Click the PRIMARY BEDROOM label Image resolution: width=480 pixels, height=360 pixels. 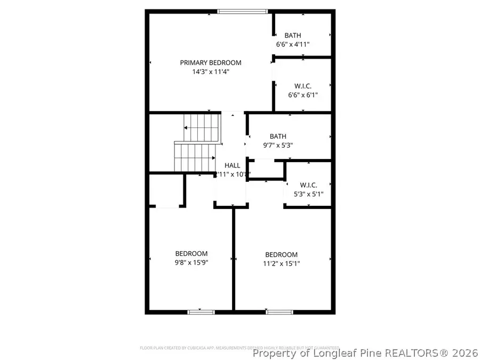coord(210,62)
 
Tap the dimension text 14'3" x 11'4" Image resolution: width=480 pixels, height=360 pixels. coord(210,72)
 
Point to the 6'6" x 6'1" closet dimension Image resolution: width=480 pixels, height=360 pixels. coord(302,95)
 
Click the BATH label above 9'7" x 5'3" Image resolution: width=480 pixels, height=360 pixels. coord(278,136)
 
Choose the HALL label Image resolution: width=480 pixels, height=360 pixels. coord(232,165)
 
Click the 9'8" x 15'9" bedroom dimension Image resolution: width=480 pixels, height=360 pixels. coord(191,262)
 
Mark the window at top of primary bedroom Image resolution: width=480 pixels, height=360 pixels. coord(242,11)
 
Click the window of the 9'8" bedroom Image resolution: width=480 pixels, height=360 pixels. coord(201,311)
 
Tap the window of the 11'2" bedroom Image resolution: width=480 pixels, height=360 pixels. coord(279,311)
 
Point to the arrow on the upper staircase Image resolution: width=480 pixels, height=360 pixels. coord(186,128)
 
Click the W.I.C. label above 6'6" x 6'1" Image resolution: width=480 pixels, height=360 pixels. coord(303,86)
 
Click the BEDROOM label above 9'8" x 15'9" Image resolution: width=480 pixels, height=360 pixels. coord(191,253)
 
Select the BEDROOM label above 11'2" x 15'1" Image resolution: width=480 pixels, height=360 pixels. coord(281,254)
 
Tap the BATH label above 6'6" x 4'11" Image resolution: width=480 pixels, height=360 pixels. coord(293,36)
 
